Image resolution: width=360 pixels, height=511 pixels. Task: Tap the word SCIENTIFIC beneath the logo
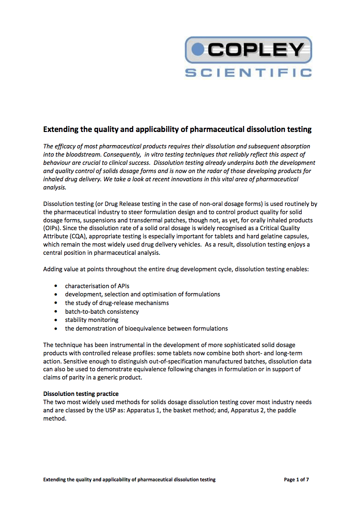249,72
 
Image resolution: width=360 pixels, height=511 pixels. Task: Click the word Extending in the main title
61,129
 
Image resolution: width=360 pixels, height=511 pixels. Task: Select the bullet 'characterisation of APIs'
97,286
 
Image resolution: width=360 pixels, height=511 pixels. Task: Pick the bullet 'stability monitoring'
91,320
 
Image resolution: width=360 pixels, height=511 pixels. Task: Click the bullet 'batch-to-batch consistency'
102,311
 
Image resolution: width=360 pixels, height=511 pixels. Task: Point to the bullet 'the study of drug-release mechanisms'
117,303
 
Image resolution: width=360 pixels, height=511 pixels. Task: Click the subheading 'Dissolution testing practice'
81,394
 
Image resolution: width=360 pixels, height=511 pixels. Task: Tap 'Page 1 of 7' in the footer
297,479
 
